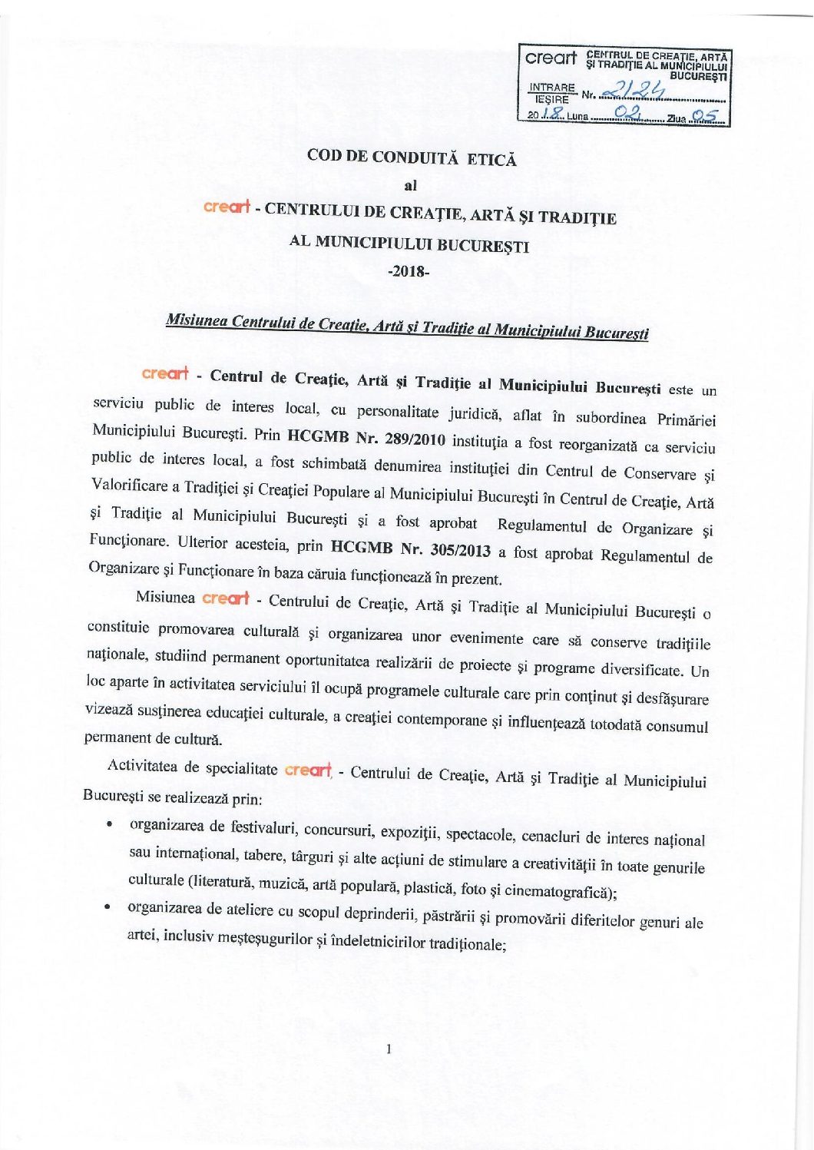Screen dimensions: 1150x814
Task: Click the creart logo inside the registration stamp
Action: click(x=551, y=58)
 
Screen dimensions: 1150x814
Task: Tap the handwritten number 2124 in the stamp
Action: click(x=633, y=92)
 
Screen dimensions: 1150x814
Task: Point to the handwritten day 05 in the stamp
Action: click(x=705, y=118)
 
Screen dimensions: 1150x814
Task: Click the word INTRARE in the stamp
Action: click(x=551, y=88)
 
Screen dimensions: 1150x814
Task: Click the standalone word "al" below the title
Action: click(x=410, y=185)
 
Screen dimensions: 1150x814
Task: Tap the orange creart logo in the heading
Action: click(x=227, y=207)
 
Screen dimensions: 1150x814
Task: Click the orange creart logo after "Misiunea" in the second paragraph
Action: click(x=225, y=598)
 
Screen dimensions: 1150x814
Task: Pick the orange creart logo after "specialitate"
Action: click(x=307, y=769)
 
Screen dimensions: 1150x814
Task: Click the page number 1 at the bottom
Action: click(x=390, y=1049)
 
